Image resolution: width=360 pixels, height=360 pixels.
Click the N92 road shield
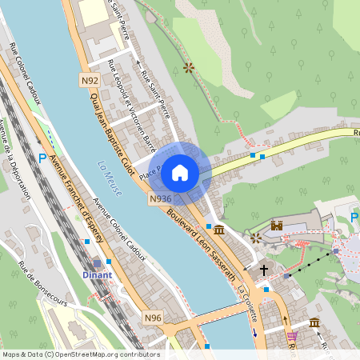pyautogui.click(x=90, y=81)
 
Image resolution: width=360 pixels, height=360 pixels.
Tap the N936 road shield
pyautogui.click(x=160, y=198)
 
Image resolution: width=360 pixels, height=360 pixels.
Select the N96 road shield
pyautogui.click(x=154, y=318)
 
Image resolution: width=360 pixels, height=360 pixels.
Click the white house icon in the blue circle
pyautogui.click(x=180, y=173)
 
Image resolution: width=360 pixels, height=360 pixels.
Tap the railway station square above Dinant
pyautogui.click(x=98, y=262)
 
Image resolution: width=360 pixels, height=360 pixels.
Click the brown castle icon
pyautogui.click(x=278, y=226)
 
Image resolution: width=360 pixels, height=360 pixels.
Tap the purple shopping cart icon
pyautogui.click(x=292, y=336)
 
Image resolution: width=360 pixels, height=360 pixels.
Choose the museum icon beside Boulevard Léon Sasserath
pyautogui.click(x=218, y=230)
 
